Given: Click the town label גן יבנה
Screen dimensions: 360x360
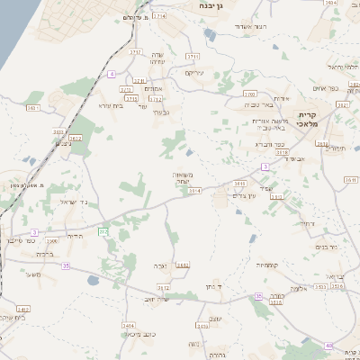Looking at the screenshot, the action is click(x=220, y=5).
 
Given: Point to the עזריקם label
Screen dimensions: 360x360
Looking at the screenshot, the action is click(x=195, y=73).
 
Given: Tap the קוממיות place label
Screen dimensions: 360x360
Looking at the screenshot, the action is click(x=270, y=265).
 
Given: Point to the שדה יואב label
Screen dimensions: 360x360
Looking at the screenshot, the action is click(x=157, y=299).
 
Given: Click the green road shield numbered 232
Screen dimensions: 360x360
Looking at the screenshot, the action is click(x=103, y=232).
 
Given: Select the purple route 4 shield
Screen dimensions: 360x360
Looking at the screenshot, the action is click(x=112, y=74).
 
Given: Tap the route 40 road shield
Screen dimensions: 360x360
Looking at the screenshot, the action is click(x=328, y=345).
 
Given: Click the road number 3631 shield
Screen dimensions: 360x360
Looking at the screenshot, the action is click(x=34, y=107).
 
